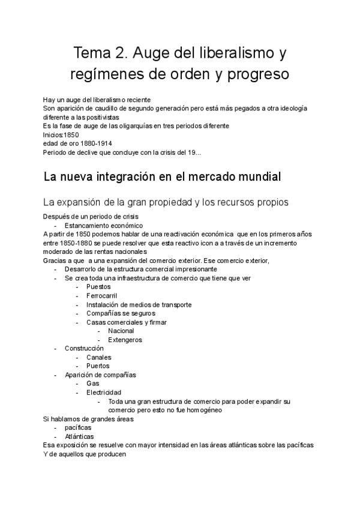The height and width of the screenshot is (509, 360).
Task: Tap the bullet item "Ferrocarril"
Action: [x=102, y=296]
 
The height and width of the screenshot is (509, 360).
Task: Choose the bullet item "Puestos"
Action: [x=99, y=287]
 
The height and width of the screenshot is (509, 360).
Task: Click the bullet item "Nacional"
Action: [x=121, y=331]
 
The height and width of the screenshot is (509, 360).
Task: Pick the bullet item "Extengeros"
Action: [x=125, y=340]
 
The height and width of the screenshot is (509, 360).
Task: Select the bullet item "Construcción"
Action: [x=84, y=348]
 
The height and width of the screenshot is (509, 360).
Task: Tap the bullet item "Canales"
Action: [x=99, y=357]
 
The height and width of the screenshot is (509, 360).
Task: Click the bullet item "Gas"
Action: [x=92, y=384]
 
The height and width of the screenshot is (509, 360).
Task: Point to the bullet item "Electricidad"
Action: [x=104, y=393]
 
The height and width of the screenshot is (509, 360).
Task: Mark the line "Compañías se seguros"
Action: [x=121, y=313]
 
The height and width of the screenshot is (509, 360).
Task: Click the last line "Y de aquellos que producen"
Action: [x=84, y=454]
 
